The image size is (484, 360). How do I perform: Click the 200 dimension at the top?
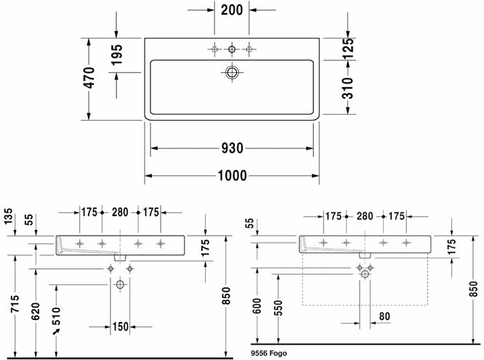pyautogui.click(x=232, y=10)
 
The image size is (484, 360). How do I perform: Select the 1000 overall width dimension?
pyautogui.click(x=232, y=175)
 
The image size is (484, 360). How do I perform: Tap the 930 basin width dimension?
pyautogui.click(x=232, y=148)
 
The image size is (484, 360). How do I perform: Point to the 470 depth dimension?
pyautogui.click(x=89, y=78)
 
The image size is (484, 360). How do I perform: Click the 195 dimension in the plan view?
pyautogui.click(x=117, y=55)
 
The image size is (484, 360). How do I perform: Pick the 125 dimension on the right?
pyautogui.click(x=347, y=49)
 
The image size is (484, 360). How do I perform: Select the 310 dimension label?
pyautogui.click(x=347, y=88)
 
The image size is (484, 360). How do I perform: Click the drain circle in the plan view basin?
pyautogui.click(x=232, y=72)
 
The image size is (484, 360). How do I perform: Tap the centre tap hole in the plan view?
pyautogui.click(x=232, y=49)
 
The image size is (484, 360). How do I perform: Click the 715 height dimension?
pyautogui.click(x=15, y=304)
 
